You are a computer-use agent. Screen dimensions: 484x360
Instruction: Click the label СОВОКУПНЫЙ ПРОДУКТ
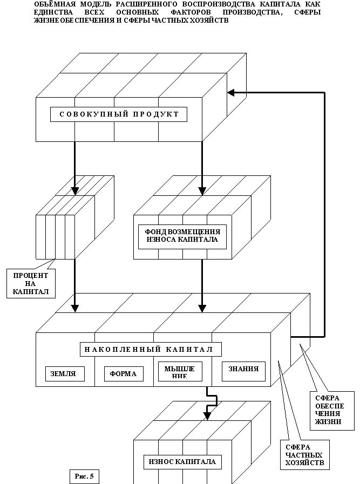[x=119, y=114]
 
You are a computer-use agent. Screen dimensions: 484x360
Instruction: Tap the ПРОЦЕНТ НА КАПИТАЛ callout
[x=31, y=284]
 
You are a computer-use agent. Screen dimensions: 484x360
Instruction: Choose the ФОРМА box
[x=124, y=373]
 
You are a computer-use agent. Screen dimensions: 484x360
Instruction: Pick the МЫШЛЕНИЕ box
[x=180, y=371]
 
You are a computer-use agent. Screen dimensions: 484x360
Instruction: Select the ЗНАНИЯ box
[x=243, y=370]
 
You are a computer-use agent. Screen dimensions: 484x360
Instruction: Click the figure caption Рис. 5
[x=84, y=476]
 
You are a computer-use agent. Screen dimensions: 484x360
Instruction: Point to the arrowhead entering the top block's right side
[x=231, y=92]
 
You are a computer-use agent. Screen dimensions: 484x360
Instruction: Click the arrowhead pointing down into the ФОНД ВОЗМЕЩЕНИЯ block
[x=202, y=190]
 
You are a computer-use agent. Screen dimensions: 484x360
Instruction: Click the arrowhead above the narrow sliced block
[x=75, y=190]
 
